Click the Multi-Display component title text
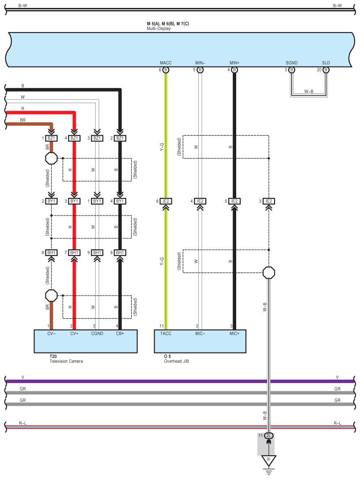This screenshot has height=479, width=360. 159,28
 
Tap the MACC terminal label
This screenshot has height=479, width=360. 166,63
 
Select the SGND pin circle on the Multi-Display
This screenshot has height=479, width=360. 292,70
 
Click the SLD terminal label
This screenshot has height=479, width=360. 326,63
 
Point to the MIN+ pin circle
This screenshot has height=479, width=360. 234,70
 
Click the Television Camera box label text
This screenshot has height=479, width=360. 66,361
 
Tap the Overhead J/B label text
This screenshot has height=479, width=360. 177,361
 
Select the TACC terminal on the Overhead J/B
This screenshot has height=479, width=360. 166,334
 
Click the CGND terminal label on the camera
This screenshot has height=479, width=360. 97,334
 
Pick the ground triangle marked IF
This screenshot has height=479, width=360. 269,460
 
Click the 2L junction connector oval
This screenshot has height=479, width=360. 269,436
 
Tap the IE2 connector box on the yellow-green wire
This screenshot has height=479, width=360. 166,201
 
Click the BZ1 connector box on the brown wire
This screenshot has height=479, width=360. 51,138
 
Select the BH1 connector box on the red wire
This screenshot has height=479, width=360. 74,252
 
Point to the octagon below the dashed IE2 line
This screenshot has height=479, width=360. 269,272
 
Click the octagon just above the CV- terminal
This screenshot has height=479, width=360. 51,295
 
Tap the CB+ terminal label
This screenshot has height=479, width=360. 120,334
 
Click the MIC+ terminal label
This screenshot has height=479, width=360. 234,334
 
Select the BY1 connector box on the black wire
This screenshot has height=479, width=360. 120,201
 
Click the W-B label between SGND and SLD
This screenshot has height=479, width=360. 309,91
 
